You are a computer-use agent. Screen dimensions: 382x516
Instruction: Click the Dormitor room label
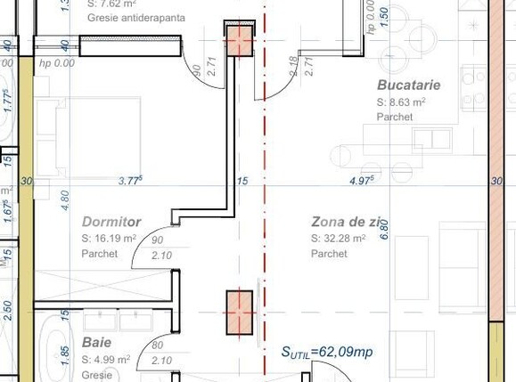click(x=111, y=221)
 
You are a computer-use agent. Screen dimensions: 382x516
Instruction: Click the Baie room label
click(x=96, y=343)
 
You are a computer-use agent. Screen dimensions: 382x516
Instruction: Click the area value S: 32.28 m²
click(x=339, y=239)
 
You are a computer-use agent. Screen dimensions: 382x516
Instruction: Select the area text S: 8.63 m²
click(x=401, y=102)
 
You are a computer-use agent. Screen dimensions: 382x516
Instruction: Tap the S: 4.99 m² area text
click(x=106, y=360)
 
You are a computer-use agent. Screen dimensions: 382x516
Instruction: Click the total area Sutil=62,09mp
click(x=327, y=353)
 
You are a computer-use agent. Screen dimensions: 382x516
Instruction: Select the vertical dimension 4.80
click(x=64, y=199)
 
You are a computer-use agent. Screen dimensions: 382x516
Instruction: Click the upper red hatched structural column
click(x=238, y=41)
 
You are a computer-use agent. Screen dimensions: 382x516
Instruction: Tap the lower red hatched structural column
click(x=238, y=313)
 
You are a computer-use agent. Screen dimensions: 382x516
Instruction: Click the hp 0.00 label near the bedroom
click(x=57, y=63)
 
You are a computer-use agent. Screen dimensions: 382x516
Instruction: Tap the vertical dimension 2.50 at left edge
click(x=8, y=311)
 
